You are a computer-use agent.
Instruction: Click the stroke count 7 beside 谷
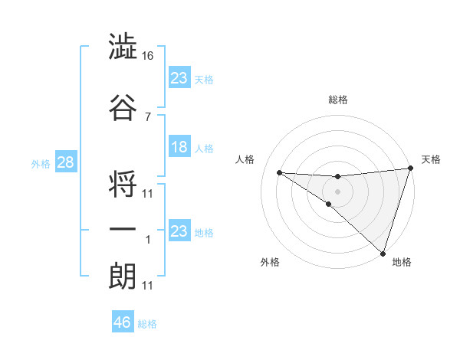point(148,116)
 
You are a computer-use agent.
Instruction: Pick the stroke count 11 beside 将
point(148,193)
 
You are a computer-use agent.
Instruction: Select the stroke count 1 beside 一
point(148,240)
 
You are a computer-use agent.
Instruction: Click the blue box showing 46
point(123,322)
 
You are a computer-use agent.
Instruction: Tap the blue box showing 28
point(66,162)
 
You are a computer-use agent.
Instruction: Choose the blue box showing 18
point(179,147)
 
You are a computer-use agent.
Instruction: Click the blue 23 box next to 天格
point(179,78)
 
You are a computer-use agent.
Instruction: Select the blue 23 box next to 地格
point(179,231)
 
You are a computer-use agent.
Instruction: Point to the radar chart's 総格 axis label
point(338,100)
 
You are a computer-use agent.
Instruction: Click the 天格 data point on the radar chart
point(410,169)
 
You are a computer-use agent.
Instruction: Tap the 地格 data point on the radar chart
point(383,254)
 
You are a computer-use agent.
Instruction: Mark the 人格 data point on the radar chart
point(279,172)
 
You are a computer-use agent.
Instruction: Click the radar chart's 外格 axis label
point(270,262)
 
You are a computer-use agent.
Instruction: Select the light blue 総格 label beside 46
point(147,324)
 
